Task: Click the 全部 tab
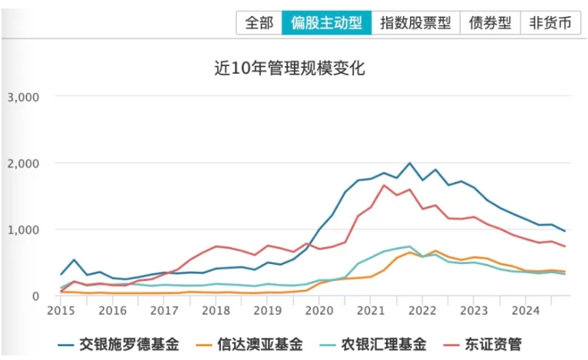(x=259, y=22)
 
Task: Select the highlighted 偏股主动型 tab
(x=326, y=22)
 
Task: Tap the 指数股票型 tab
(x=415, y=22)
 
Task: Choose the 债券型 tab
(x=490, y=22)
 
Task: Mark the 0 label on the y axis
(x=34, y=296)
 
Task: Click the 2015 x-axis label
(x=60, y=311)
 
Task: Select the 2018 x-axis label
(x=216, y=311)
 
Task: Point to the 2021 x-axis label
(x=371, y=311)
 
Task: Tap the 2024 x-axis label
(x=526, y=311)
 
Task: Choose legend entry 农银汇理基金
(x=388, y=343)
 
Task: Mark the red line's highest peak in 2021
(x=384, y=185)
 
